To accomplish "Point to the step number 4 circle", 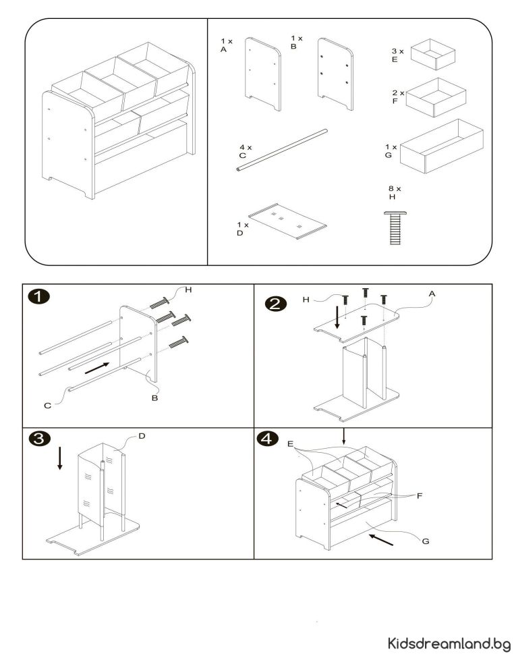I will point(268,439).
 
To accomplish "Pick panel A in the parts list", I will point(262,74).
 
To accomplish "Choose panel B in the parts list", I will point(335,74).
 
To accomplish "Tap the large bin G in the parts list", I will point(442,147).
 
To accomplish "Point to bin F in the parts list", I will point(436,98).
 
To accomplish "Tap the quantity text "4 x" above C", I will point(245,146).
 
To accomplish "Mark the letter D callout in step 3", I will point(142,436).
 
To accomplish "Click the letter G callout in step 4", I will point(424,541).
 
